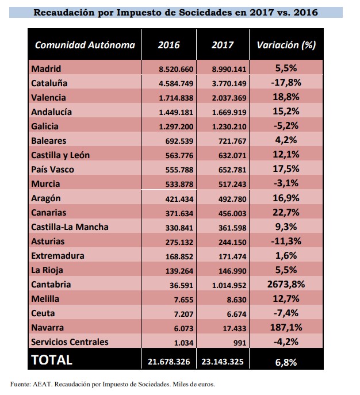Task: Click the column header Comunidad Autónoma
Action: (x=85, y=45)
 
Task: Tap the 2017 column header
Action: (x=222, y=45)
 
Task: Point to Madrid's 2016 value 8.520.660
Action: (x=176, y=69)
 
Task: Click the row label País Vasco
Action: (x=53, y=170)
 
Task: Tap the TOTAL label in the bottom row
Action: (x=52, y=360)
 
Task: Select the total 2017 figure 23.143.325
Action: (x=221, y=361)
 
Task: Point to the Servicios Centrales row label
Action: (x=70, y=342)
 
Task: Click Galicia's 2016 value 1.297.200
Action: (x=176, y=126)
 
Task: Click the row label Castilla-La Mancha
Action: (x=71, y=227)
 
